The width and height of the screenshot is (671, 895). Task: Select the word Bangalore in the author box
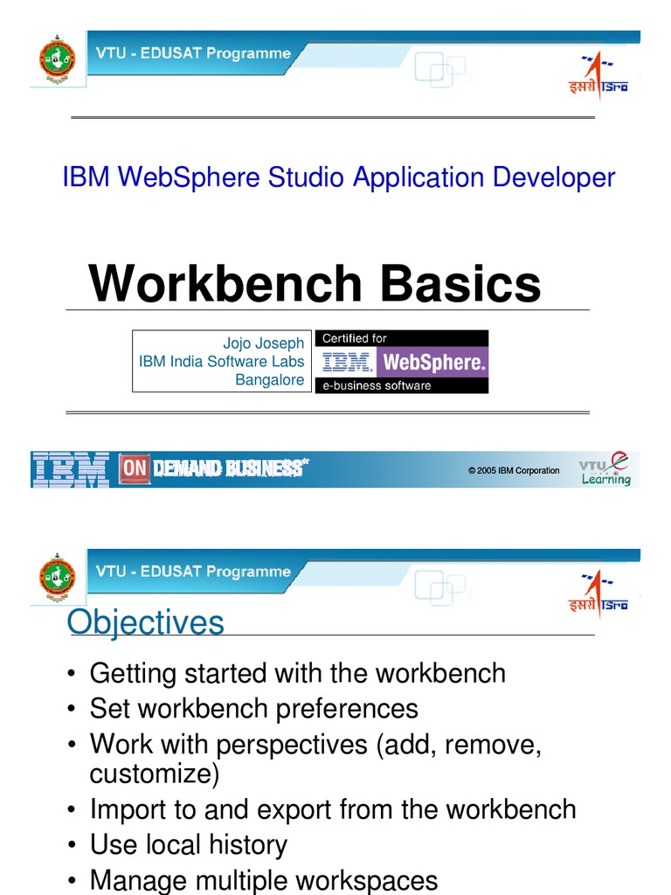click(x=270, y=380)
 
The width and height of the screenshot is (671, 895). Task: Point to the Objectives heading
click(x=146, y=622)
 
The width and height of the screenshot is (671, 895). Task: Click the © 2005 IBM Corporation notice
click(x=514, y=470)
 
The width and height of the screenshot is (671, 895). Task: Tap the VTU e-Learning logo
click(x=605, y=469)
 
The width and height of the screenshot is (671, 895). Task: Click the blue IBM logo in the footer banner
click(x=70, y=469)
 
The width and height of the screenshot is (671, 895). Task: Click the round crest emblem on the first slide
click(x=58, y=59)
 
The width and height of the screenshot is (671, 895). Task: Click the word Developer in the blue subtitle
click(x=554, y=177)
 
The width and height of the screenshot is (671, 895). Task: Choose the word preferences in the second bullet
click(x=347, y=708)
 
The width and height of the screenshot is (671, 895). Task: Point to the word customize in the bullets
click(x=154, y=774)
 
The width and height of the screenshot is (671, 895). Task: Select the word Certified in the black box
click(x=346, y=338)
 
